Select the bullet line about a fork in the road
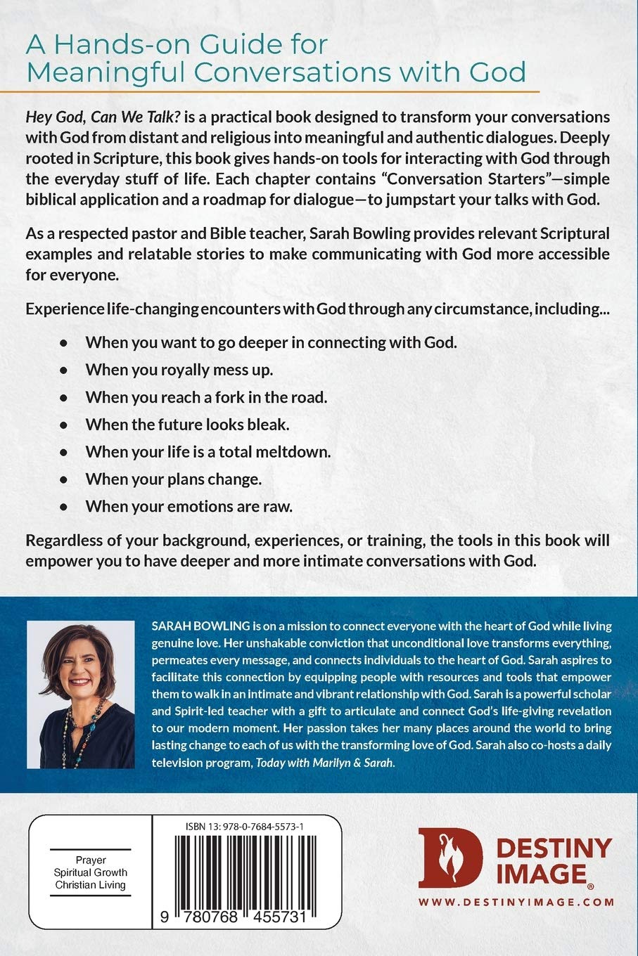point(206,397)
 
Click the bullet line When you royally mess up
point(179,370)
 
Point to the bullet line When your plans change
point(173,479)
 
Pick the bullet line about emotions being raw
point(189,506)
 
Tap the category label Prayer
point(90,860)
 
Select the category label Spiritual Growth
point(90,872)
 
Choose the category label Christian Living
point(90,885)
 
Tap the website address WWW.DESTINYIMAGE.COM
point(516,902)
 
